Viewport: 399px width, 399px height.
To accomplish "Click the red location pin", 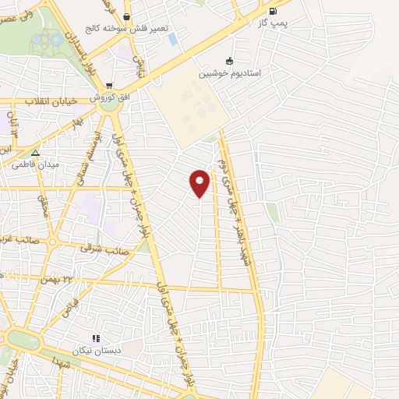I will (x=200, y=182).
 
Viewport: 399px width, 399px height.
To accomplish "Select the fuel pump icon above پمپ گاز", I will (x=272, y=11).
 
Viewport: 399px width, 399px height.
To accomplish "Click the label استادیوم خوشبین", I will (x=228, y=74).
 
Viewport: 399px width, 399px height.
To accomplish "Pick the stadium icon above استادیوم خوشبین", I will (x=228, y=61).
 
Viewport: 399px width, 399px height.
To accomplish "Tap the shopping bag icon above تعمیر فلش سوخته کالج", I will (x=126, y=16).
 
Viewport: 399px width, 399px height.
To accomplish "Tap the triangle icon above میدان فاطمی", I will (x=35, y=152).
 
